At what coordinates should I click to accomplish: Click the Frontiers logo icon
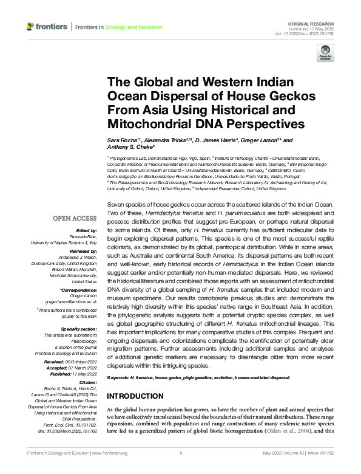pos(31,26)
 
